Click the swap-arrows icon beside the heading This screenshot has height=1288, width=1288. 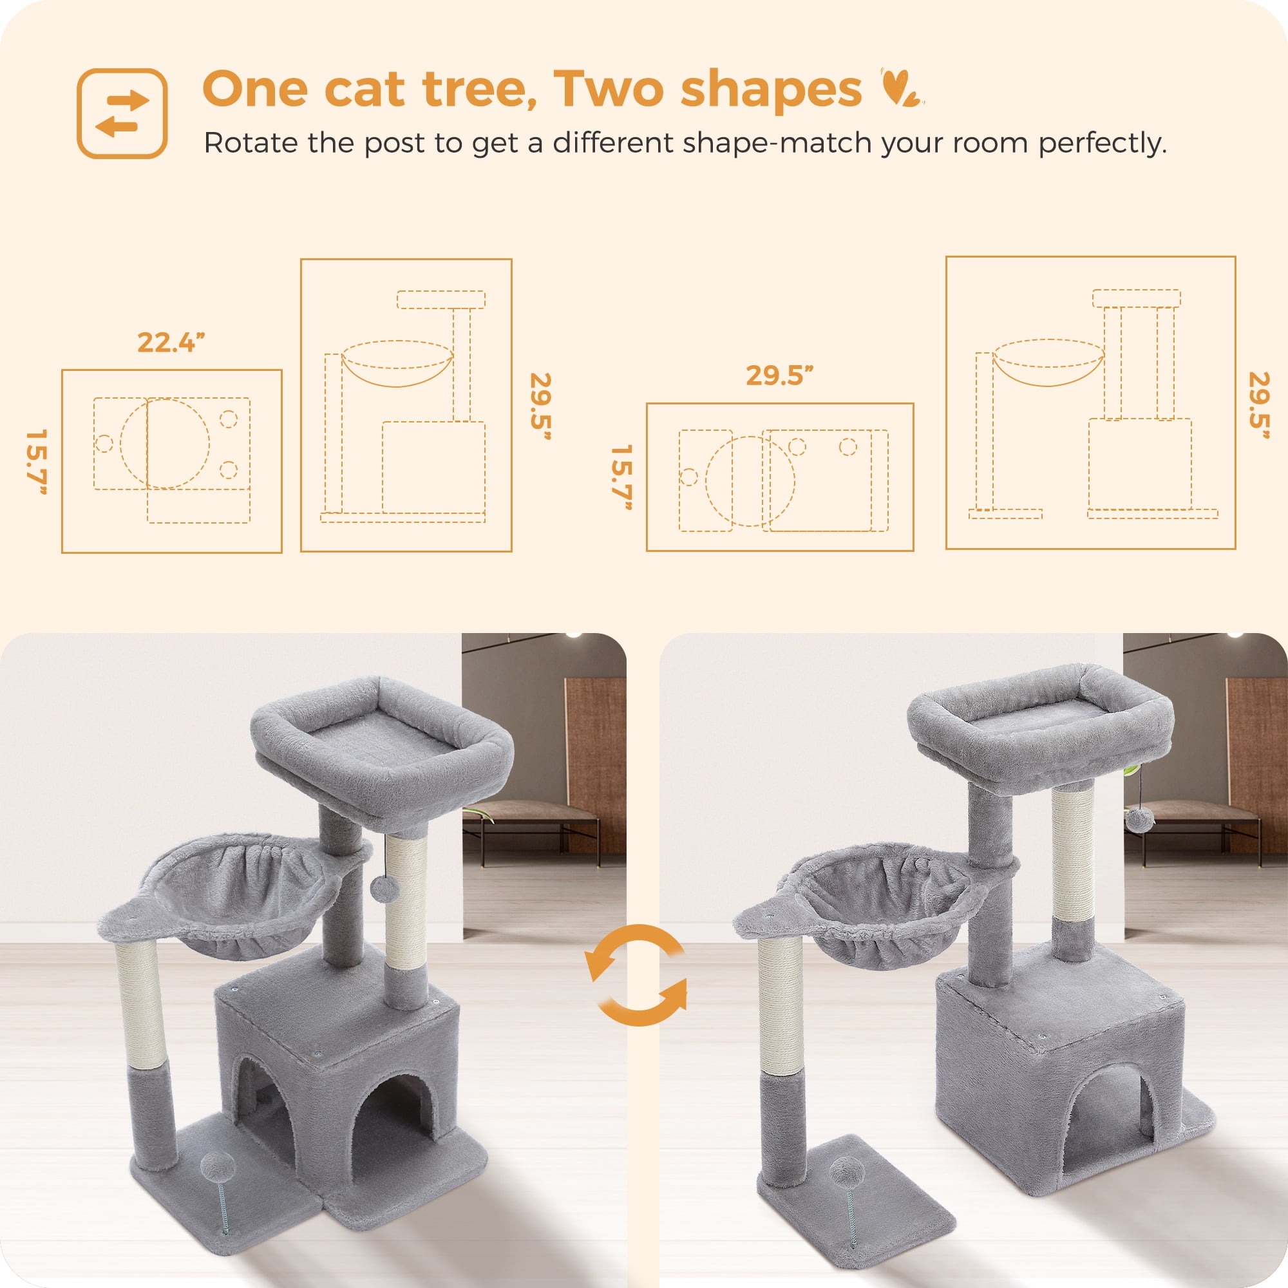point(122,113)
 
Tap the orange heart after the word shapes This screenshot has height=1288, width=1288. point(900,88)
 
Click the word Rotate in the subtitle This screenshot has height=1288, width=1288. point(251,143)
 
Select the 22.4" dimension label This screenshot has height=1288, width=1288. point(171,343)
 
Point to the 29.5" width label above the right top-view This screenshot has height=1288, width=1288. point(779,375)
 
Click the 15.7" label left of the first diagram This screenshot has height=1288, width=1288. point(36,461)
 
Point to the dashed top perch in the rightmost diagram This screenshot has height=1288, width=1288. point(1136,298)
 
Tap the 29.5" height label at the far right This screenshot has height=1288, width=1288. point(1258,405)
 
